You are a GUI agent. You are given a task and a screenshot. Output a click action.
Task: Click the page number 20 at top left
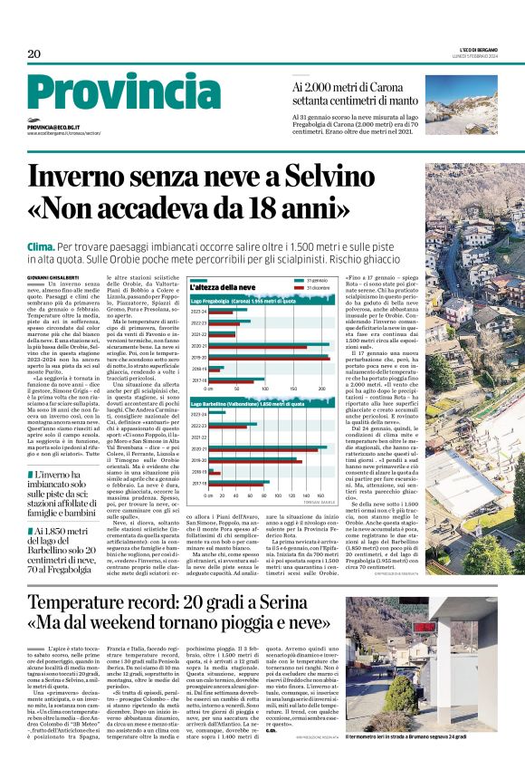(34, 54)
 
